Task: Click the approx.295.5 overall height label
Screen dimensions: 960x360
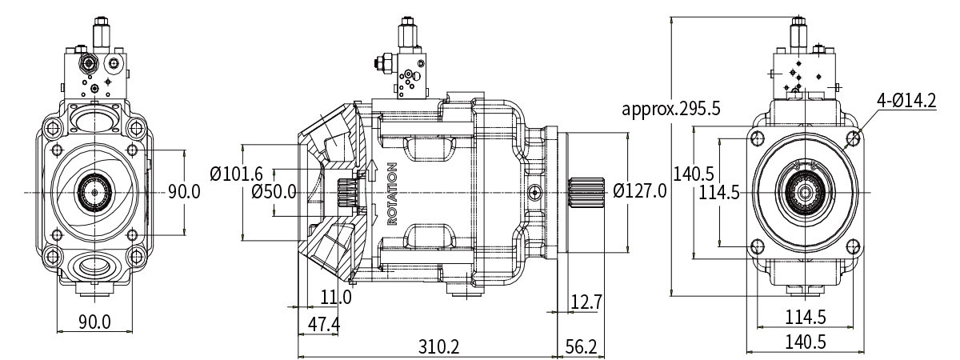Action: pos(671,109)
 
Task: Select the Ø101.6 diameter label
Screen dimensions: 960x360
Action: pos(236,174)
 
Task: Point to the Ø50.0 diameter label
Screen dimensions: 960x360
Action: pos(274,192)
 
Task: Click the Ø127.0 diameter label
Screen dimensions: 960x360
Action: pos(640,190)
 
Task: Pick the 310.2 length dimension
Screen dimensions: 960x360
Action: pos(439,346)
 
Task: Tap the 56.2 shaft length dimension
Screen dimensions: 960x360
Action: pos(581,346)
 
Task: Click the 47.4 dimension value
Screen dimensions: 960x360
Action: pos(324,325)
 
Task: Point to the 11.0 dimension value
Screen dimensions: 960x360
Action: pos(337,297)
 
